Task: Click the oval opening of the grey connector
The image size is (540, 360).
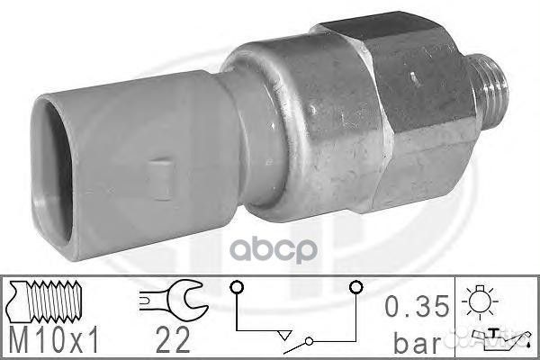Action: tap(52, 173)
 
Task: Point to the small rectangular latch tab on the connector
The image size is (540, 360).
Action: tap(159, 179)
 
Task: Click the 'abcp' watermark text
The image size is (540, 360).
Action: tap(273, 249)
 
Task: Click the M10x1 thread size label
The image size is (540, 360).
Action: tap(54, 340)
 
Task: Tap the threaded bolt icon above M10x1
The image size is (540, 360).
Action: tap(45, 301)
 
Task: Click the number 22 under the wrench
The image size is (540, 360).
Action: tap(173, 340)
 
